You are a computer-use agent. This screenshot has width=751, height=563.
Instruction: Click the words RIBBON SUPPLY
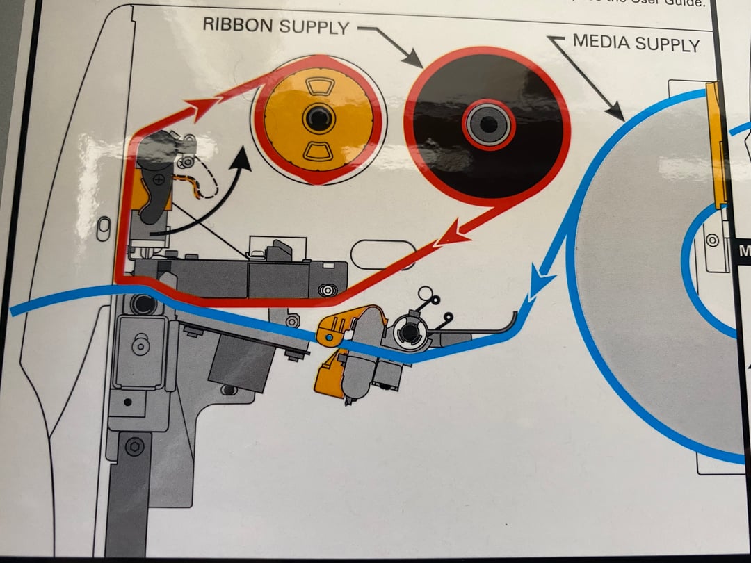pos(275,26)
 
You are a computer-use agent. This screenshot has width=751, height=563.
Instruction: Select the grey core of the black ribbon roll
pos(489,124)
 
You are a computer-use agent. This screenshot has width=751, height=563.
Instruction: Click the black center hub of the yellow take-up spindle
pos(317,118)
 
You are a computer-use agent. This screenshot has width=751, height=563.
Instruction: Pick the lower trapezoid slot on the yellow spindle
pos(318,150)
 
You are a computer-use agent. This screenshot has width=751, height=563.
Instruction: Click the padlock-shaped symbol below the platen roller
pos(141,345)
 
